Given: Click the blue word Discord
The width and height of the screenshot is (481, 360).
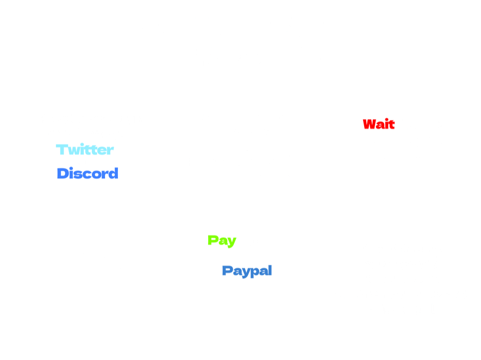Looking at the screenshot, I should click(x=87, y=173).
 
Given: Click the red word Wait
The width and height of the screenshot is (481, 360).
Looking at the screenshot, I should click(x=379, y=124).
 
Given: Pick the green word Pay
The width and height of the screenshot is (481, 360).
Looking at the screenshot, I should click(x=222, y=240).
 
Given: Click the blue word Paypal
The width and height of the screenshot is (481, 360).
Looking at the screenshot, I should click(x=247, y=270).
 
